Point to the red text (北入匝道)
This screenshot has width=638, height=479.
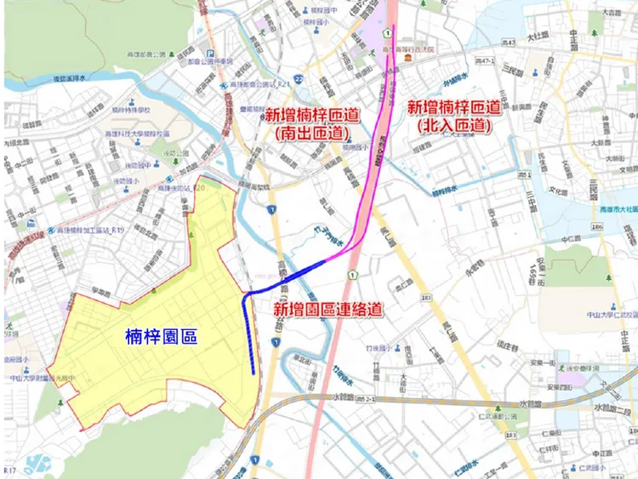[452, 125]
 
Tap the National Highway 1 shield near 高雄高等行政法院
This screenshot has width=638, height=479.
[386, 32]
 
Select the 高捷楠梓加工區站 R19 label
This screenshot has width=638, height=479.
[85, 231]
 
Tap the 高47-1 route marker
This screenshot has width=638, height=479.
[485, 60]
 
